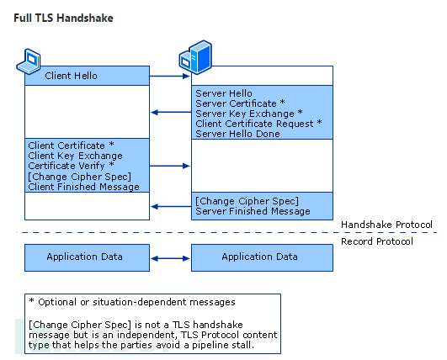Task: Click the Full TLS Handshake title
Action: pos(64,19)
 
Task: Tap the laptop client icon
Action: pos(29,61)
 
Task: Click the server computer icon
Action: pos(195,57)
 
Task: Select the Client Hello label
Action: pos(71,76)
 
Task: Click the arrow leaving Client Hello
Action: pos(169,76)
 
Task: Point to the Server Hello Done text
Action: pos(237,134)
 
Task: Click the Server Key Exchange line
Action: pos(249,114)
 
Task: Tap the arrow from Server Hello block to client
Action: pos(171,112)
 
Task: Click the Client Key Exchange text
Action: pos(75,156)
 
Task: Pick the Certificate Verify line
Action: pos(71,166)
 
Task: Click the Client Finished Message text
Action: pos(84,187)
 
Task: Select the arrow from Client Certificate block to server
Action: pos(169,166)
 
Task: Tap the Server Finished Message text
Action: pos(253,211)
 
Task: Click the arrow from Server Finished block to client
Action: pos(171,206)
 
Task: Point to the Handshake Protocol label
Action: pos(386,225)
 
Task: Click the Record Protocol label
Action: pos(377,241)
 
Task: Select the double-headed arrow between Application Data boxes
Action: pos(170,258)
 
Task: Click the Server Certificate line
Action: pos(240,103)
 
